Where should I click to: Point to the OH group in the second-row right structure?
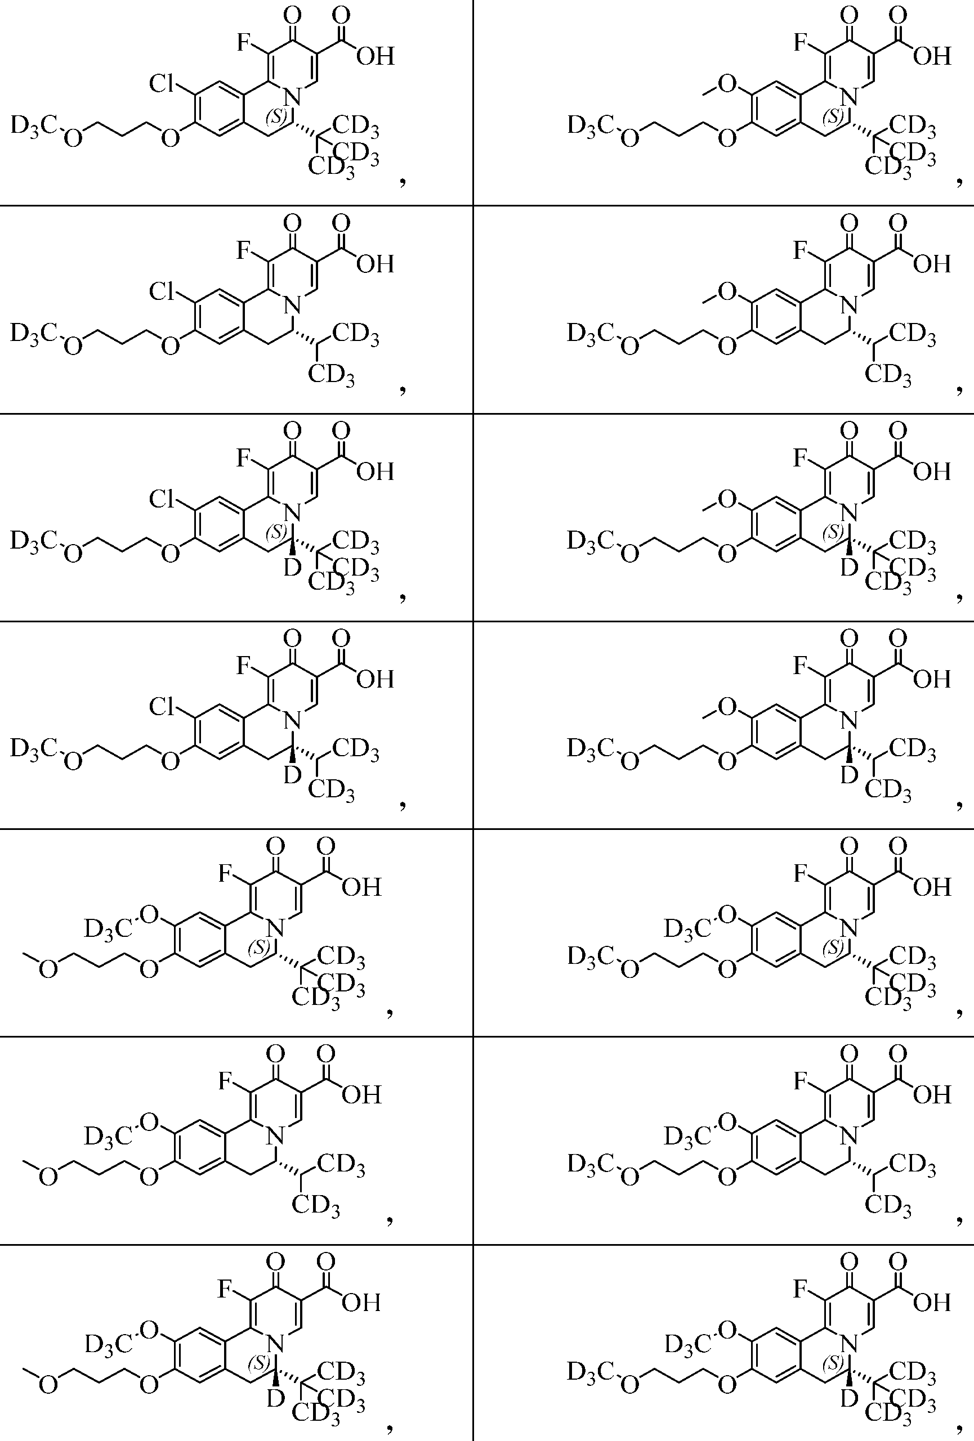(x=932, y=264)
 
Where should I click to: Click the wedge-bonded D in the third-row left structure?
(x=292, y=567)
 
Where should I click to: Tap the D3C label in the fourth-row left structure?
(x=34, y=748)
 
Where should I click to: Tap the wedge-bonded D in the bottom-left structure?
(x=275, y=1398)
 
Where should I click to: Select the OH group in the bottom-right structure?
(x=932, y=1303)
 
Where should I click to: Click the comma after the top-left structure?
(x=404, y=181)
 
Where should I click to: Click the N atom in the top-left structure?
(x=293, y=97)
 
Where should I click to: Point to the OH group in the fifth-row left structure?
(x=361, y=887)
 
